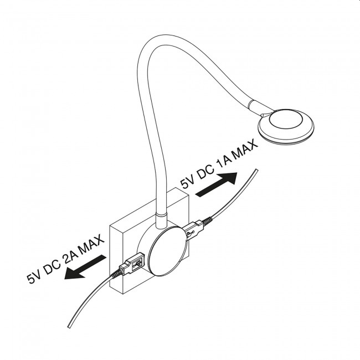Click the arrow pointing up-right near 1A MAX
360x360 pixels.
coord(216,184)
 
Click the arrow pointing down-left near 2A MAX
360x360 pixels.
coord(85,268)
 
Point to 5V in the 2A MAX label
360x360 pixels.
coord(34,277)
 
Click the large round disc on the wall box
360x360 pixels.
coord(168,251)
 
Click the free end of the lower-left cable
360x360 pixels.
coord(69,327)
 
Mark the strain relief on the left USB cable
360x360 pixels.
coord(115,274)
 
